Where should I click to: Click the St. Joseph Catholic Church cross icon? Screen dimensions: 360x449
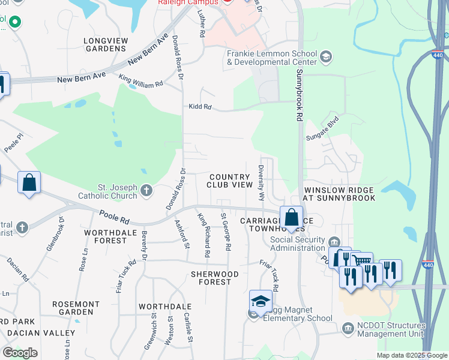click(146, 191)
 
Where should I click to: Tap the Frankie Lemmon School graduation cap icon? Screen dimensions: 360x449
click(326, 57)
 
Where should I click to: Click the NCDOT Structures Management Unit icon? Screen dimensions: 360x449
click(348, 328)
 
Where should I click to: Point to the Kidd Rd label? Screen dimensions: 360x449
click(200, 107)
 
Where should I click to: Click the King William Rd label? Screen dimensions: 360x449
click(140, 80)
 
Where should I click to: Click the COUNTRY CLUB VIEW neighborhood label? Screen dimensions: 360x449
click(230, 181)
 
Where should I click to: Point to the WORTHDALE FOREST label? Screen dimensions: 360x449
click(106, 236)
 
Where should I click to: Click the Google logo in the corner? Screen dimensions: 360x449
click(20, 353)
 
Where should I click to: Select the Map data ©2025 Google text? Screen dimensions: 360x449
click(411, 355)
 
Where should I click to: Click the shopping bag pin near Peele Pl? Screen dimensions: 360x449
click(29, 183)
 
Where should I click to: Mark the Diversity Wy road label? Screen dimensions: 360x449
click(261, 183)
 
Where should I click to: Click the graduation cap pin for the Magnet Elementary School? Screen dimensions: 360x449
click(260, 302)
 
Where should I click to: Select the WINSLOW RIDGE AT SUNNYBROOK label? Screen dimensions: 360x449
click(339, 193)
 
